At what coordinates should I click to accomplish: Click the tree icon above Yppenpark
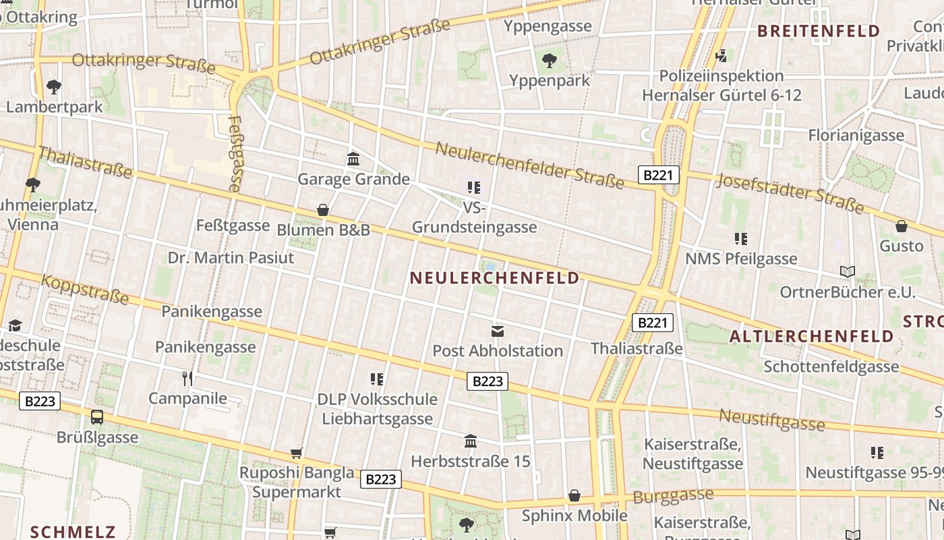pyautogui.click(x=550, y=60)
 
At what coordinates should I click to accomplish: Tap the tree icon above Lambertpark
pyautogui.click(x=54, y=86)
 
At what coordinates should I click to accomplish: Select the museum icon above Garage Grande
pyautogui.click(x=353, y=159)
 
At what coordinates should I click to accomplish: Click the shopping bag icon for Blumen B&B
pyautogui.click(x=323, y=210)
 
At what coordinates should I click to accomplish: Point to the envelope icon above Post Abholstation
pyautogui.click(x=498, y=331)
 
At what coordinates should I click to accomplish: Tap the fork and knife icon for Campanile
pyautogui.click(x=187, y=378)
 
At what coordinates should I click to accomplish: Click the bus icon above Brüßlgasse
pyautogui.click(x=97, y=416)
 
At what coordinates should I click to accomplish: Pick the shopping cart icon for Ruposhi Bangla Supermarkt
pyautogui.click(x=296, y=452)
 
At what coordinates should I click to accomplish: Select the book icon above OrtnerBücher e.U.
pyautogui.click(x=848, y=271)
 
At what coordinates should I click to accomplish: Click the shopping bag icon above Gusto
pyautogui.click(x=902, y=225)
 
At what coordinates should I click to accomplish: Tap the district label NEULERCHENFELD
pyautogui.click(x=494, y=278)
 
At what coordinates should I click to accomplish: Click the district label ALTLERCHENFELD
pyautogui.click(x=812, y=336)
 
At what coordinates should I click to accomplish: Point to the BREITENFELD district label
pyautogui.click(x=819, y=31)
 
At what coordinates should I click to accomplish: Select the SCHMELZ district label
pyautogui.click(x=73, y=531)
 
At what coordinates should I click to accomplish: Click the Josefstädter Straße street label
pyautogui.click(x=790, y=192)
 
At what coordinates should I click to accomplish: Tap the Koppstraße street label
pyautogui.click(x=85, y=289)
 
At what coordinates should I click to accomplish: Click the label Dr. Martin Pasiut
pyautogui.click(x=231, y=257)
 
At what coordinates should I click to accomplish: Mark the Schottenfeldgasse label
pyautogui.click(x=831, y=367)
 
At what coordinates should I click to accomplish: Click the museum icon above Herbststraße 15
pyautogui.click(x=471, y=441)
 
